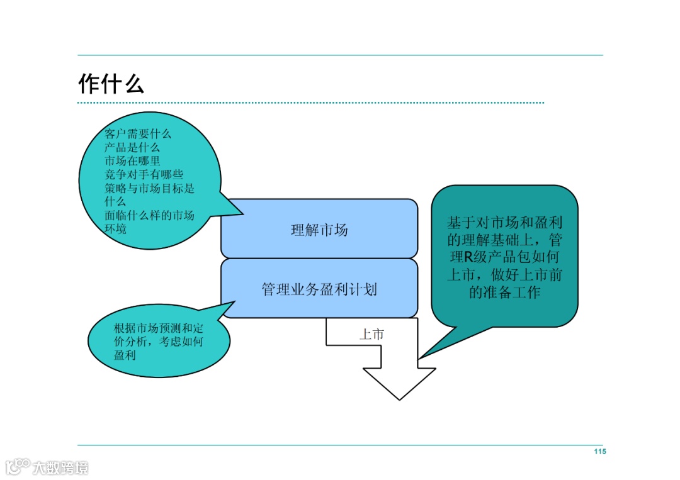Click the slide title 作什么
tap(111, 84)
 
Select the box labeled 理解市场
tap(319, 230)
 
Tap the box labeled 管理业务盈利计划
tap(319, 289)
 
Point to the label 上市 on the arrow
tap(371, 335)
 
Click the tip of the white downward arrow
tap(399, 398)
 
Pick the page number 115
tap(599, 452)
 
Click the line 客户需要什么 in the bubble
tap(138, 134)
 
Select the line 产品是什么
tap(132, 147)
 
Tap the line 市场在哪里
tap(132, 161)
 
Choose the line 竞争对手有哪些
tap(144, 174)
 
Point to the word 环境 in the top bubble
tap(115, 229)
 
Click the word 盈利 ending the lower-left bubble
tap(125, 355)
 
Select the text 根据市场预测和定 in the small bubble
tap(159, 328)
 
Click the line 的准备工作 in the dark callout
tap(504, 292)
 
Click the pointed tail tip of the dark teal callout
tap(420, 359)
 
